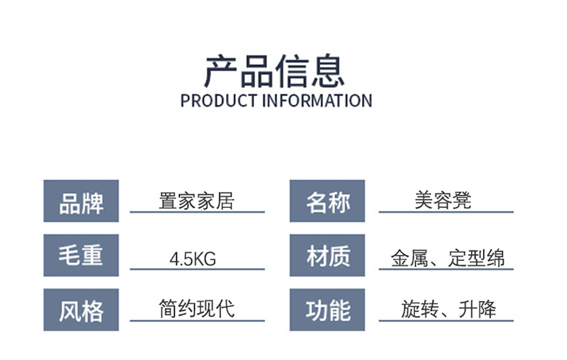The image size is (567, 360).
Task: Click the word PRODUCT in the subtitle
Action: [x=218, y=101]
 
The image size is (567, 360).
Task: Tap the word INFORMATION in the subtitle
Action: [x=317, y=101]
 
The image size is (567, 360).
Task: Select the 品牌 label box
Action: [x=82, y=202]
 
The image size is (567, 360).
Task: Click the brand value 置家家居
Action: [x=197, y=200]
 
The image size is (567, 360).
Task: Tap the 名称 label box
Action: [x=327, y=202]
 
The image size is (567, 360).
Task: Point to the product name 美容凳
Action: [x=443, y=200]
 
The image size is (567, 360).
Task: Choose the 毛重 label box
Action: [x=82, y=256]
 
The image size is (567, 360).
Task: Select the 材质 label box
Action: [x=327, y=256]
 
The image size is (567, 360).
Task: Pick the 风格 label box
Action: [x=82, y=310]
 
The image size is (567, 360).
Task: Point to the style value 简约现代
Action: [x=197, y=308]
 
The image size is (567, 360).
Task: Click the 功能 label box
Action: [x=327, y=310]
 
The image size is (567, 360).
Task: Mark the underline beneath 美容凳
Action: [x=446, y=212]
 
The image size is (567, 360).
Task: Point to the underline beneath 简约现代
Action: [x=197, y=320]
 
